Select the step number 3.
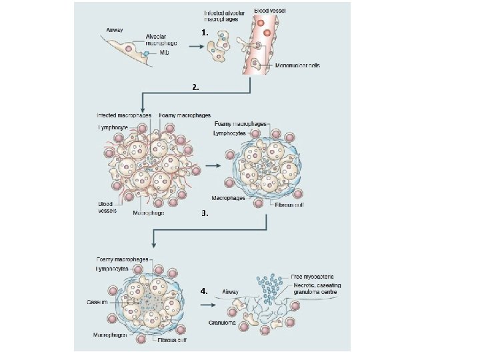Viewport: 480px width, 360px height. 205,215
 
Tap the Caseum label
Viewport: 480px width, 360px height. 97,302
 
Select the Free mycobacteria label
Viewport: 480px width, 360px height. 312,276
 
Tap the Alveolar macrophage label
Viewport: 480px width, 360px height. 161,40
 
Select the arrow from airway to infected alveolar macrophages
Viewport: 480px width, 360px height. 195,47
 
